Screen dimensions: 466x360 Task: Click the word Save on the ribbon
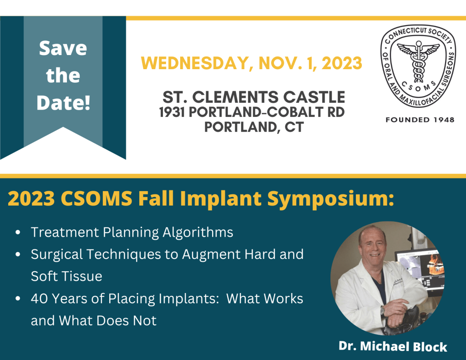(63, 48)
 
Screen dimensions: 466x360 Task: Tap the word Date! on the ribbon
(63, 102)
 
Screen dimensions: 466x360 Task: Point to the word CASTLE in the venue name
(314, 97)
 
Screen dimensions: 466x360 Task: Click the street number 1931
(172, 112)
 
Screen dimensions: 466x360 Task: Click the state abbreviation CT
(294, 127)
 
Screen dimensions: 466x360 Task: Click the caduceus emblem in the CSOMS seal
(419, 61)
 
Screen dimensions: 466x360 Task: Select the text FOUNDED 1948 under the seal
(420, 120)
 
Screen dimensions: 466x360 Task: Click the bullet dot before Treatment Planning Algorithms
(18, 232)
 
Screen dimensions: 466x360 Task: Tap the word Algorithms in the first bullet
(198, 233)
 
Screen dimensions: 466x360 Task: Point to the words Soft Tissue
(66, 276)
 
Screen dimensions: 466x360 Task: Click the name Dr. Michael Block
(393, 346)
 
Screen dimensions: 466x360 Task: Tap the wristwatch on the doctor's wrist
(382, 310)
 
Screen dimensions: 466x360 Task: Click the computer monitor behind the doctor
(420, 269)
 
